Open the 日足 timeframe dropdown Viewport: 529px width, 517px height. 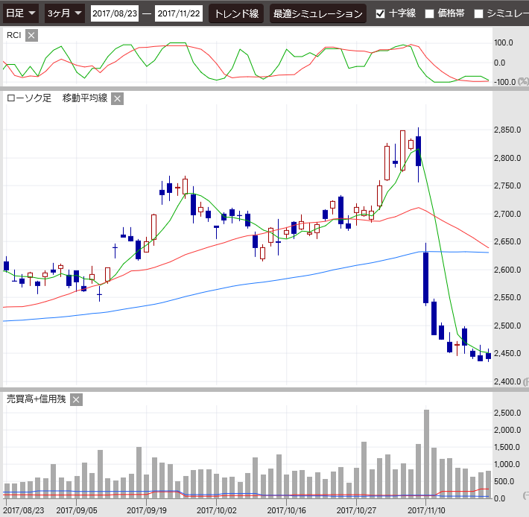pos(21,13)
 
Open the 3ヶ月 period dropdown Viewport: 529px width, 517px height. pos(64,13)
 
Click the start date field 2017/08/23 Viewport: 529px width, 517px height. pos(115,13)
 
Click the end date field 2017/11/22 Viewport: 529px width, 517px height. pos(178,13)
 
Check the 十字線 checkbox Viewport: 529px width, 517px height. pos(381,13)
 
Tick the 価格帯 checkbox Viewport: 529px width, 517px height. pos(429,13)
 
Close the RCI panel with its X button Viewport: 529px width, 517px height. pos(31,36)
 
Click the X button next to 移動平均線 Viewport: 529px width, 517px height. pos(117,98)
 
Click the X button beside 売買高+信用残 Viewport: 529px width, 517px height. pos(76,399)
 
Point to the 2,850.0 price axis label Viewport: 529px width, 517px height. pos(507,130)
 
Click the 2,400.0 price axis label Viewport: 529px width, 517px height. pos(507,381)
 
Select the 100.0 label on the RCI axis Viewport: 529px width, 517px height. pos(504,43)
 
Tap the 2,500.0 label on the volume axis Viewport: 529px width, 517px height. pos(507,413)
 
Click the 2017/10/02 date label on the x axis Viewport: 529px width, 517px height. pos(216,511)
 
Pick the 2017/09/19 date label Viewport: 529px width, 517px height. pos(146,511)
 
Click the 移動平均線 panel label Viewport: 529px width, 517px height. pos(85,98)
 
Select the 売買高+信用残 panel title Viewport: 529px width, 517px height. pos(36,399)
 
